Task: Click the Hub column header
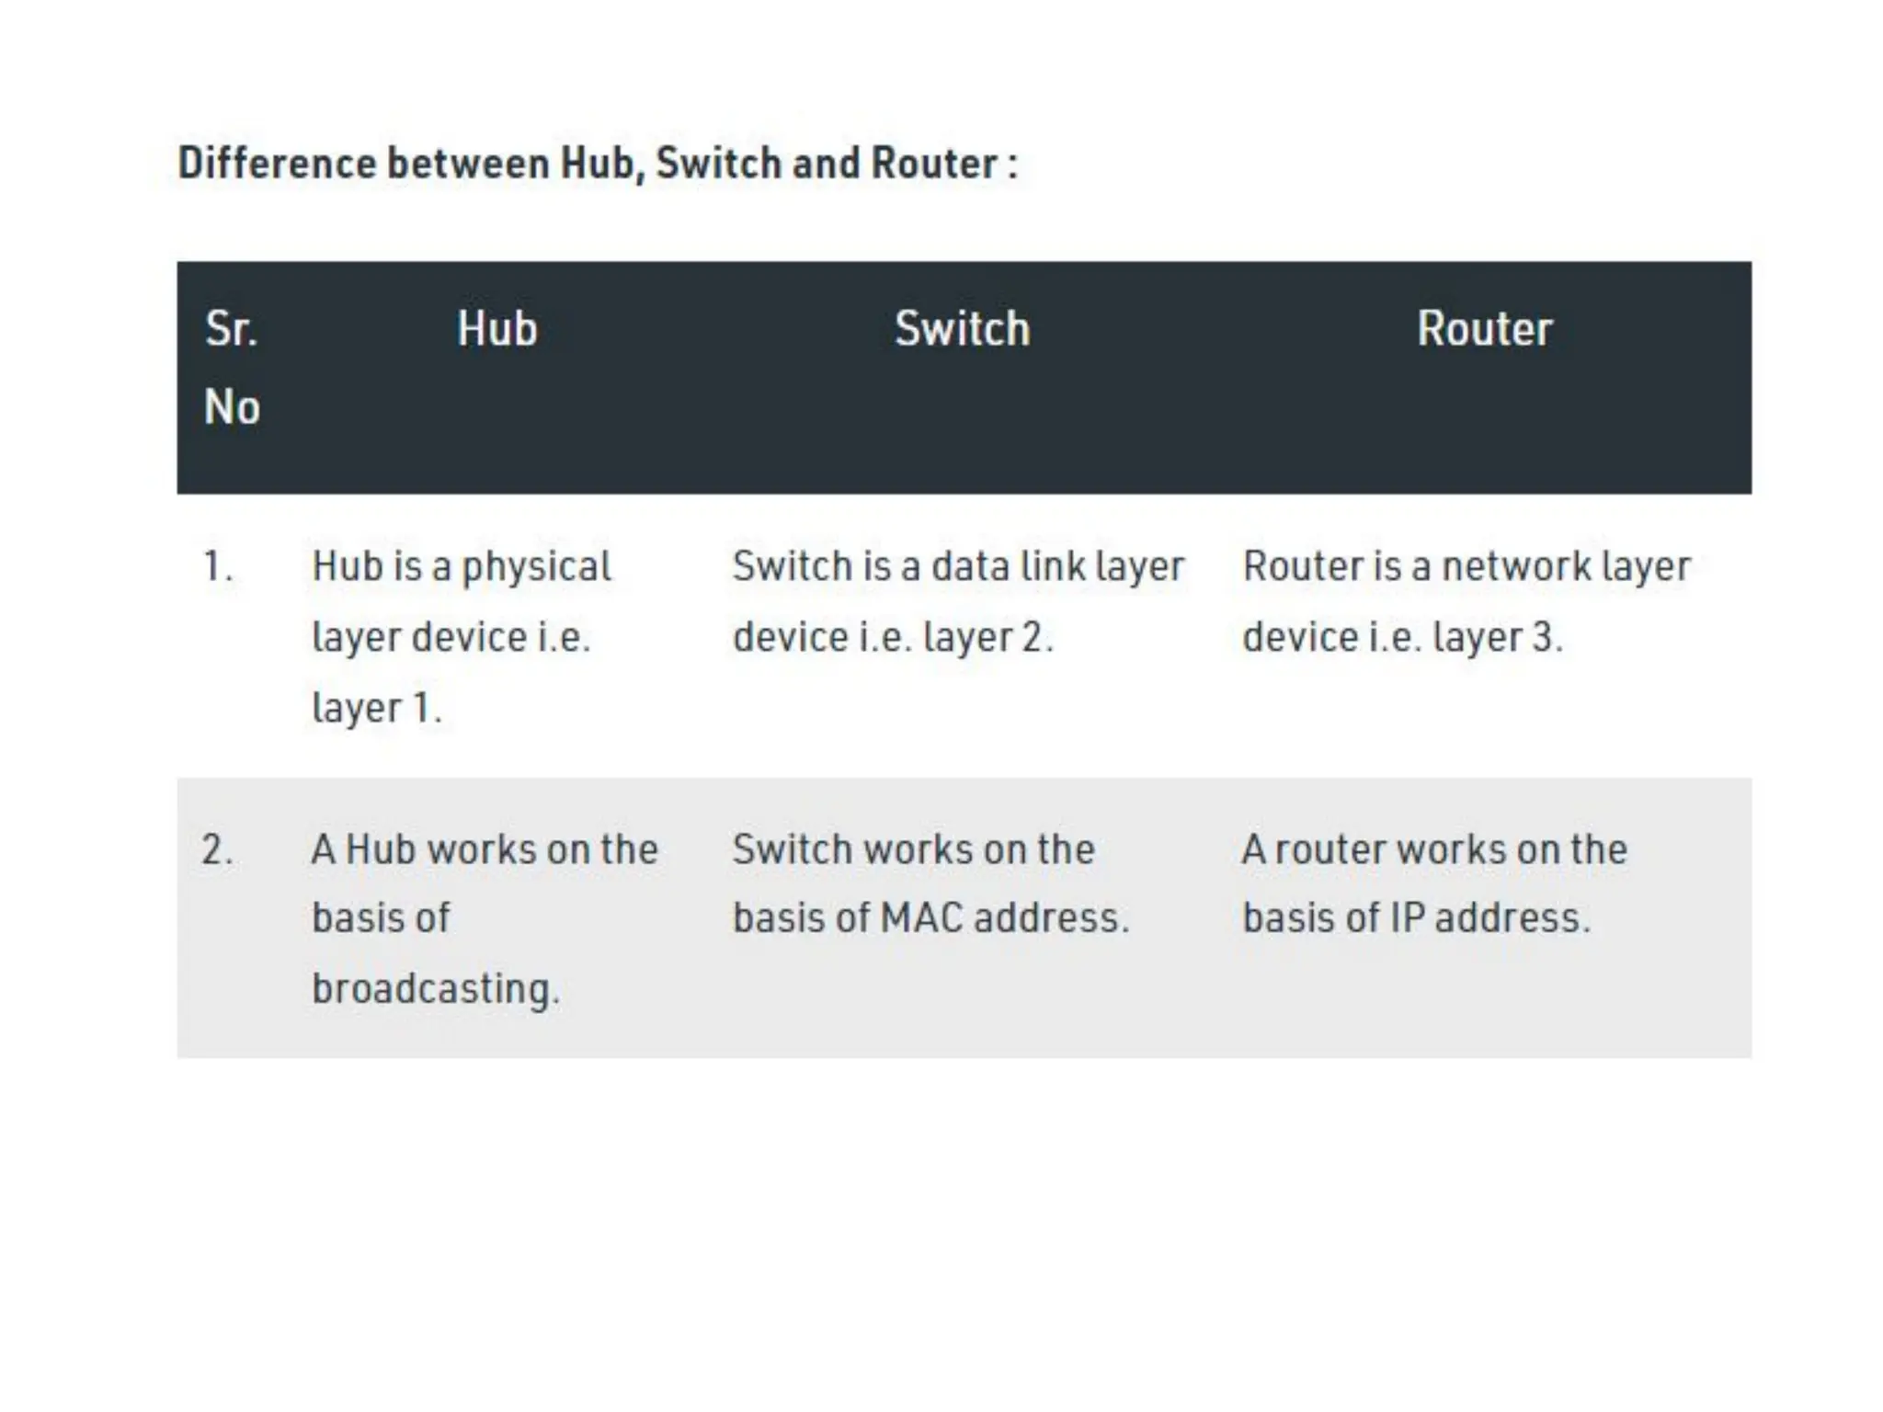(x=496, y=328)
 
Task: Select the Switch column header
(x=962, y=328)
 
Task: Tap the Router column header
(x=1484, y=328)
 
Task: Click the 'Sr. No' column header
(x=232, y=367)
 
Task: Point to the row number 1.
(x=217, y=566)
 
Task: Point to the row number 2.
(x=217, y=849)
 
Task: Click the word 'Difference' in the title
(x=276, y=164)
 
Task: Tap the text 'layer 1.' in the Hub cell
(x=377, y=709)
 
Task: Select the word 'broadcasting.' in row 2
(x=435, y=990)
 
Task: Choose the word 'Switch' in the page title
(x=718, y=164)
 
